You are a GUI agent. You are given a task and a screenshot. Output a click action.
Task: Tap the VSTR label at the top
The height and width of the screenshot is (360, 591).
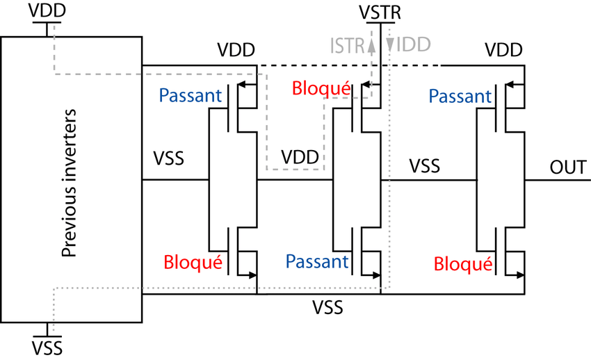(x=380, y=12)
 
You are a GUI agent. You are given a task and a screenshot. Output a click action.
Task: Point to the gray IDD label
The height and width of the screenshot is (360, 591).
(x=412, y=46)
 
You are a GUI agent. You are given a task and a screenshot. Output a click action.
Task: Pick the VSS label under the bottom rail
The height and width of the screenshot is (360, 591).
(x=327, y=306)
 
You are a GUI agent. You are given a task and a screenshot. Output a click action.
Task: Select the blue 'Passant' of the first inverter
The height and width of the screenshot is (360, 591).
(x=191, y=95)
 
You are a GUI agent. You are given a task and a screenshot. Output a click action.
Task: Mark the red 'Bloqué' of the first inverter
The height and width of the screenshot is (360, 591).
(x=193, y=263)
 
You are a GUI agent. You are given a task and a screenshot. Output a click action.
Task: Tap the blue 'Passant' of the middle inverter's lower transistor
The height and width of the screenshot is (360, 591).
(x=316, y=261)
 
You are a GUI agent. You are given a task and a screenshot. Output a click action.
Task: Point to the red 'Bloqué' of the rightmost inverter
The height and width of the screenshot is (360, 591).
(x=463, y=263)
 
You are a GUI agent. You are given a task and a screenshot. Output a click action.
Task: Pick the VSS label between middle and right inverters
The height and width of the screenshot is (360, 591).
(x=424, y=166)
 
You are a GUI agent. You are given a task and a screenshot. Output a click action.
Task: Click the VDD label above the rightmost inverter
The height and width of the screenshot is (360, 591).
(x=504, y=50)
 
